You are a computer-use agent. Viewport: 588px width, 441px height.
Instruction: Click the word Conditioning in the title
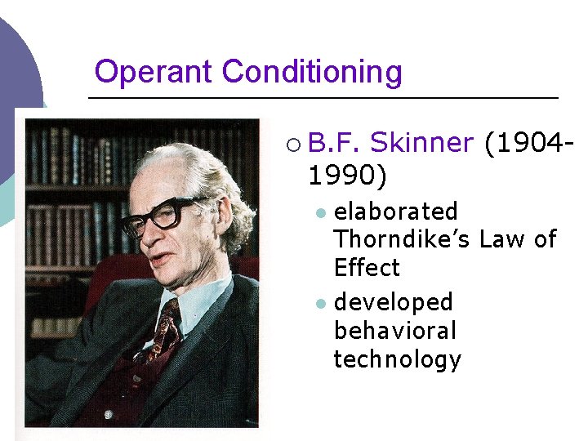[x=312, y=73]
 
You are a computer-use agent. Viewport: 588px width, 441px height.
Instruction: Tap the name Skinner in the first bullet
[x=421, y=144]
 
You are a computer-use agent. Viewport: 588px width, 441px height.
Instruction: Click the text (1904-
[x=528, y=144]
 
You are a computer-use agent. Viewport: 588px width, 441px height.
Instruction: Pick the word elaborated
[x=396, y=212]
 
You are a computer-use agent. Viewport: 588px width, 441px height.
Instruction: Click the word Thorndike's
[x=403, y=240]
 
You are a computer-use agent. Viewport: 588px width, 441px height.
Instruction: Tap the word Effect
[x=367, y=268]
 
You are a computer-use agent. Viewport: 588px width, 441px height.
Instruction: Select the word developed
[x=393, y=303]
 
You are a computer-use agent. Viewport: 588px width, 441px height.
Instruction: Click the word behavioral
[x=394, y=331]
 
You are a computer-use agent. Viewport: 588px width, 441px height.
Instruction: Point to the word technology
[x=398, y=359]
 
